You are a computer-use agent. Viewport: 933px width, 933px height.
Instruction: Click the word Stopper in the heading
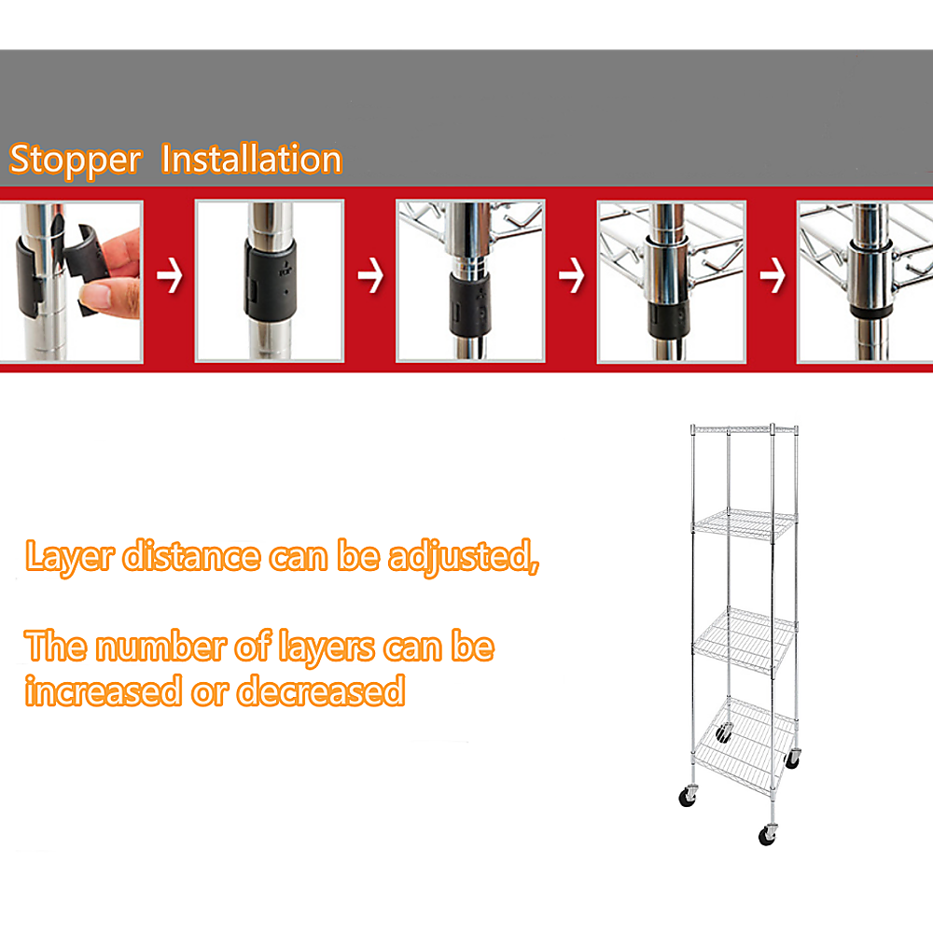[x=75, y=160]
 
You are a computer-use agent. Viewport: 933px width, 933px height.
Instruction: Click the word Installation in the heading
[x=252, y=160]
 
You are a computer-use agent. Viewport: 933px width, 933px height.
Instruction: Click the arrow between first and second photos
[x=169, y=277]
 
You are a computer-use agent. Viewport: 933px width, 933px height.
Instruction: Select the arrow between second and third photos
[x=370, y=277]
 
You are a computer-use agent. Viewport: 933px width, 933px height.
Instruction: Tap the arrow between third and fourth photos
[x=571, y=277]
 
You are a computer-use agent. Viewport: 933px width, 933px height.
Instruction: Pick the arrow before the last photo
[x=772, y=277]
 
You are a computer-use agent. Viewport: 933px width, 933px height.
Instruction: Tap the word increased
[x=103, y=691]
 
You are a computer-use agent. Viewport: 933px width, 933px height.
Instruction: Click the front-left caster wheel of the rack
[x=688, y=797]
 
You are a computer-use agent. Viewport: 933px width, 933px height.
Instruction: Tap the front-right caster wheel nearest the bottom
[x=769, y=833]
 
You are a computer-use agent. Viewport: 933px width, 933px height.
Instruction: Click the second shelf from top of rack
[x=745, y=523]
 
